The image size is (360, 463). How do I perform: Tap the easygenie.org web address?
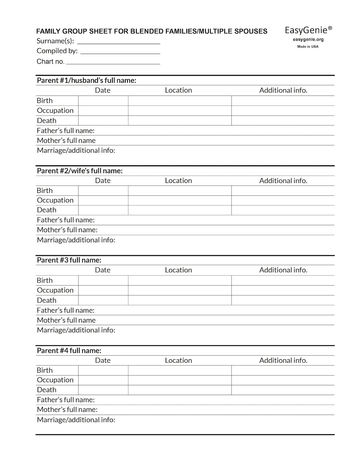click(x=308, y=40)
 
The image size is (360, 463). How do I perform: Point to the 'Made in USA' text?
click(x=308, y=46)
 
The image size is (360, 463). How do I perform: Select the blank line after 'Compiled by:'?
click(x=120, y=52)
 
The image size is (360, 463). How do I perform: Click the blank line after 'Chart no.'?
click(x=113, y=62)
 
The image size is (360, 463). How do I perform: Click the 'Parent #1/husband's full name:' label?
click(x=86, y=80)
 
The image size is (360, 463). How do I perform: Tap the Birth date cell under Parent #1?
click(x=103, y=101)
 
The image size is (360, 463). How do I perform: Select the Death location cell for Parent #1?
click(x=180, y=121)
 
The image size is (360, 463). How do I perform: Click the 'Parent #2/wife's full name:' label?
click(x=80, y=171)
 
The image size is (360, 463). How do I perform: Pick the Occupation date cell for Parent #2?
click(x=103, y=201)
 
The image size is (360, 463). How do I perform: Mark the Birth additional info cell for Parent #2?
click(x=283, y=191)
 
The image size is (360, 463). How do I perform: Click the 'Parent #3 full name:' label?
click(x=69, y=260)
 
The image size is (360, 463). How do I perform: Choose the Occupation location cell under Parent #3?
click(x=180, y=290)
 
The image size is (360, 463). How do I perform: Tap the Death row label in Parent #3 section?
click(x=47, y=300)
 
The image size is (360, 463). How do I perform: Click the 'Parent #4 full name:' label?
click(x=69, y=350)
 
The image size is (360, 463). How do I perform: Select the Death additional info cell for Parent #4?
click(x=283, y=390)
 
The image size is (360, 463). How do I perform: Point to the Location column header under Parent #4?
click(x=178, y=360)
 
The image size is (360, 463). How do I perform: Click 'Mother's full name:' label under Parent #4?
click(x=67, y=410)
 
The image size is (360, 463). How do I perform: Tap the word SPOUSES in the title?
click(x=251, y=31)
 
